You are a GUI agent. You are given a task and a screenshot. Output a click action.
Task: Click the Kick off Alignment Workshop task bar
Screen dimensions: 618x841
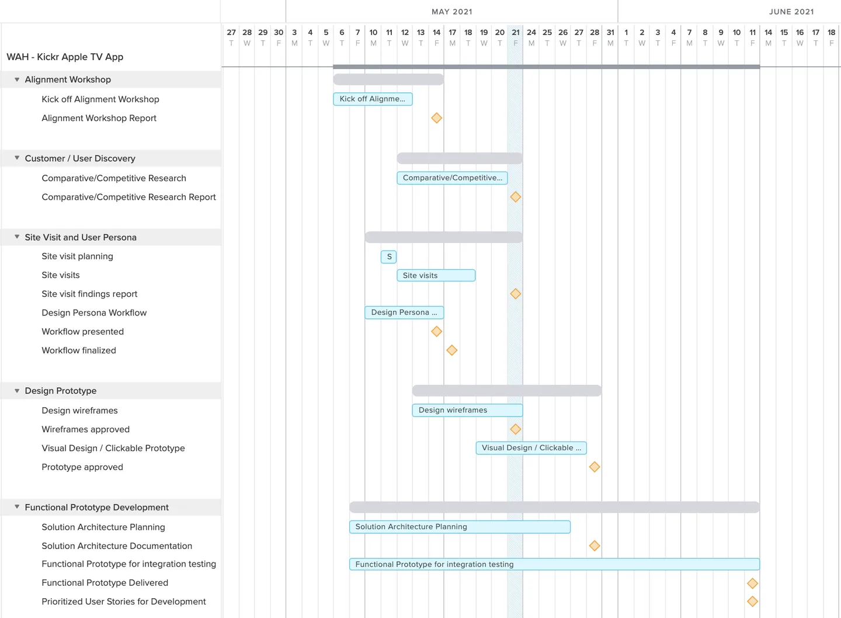[x=373, y=99]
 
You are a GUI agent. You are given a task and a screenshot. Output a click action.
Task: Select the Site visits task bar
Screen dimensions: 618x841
[x=436, y=275]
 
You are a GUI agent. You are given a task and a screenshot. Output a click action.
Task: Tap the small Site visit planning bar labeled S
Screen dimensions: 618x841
[x=389, y=256]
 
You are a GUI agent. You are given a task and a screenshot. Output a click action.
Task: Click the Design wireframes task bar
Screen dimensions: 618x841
[x=467, y=410]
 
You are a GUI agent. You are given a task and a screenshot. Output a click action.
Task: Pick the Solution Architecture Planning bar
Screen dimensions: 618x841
[x=460, y=527]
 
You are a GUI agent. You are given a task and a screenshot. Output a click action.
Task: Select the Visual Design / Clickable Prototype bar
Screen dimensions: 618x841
[x=531, y=448]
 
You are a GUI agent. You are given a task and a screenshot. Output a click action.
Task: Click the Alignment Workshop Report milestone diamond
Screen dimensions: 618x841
[x=436, y=118]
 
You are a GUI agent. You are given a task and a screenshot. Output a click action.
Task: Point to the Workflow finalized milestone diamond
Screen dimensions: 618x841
[x=452, y=350]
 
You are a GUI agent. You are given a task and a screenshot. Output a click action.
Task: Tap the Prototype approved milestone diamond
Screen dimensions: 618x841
[x=595, y=467]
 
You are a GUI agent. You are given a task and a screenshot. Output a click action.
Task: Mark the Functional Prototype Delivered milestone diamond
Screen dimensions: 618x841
[x=752, y=583]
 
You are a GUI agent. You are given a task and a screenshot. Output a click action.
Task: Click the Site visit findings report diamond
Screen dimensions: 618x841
[x=515, y=294]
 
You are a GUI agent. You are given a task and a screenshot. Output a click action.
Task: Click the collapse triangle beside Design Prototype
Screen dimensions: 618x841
[x=17, y=391]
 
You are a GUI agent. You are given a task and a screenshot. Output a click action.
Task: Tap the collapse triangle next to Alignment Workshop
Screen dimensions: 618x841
[x=17, y=79]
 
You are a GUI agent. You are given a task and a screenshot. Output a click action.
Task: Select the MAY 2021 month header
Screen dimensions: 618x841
[x=452, y=12]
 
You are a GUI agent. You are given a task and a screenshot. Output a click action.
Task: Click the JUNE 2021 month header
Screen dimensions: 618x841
[x=791, y=12]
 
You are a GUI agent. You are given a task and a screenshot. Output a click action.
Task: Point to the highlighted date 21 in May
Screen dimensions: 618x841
[x=515, y=33]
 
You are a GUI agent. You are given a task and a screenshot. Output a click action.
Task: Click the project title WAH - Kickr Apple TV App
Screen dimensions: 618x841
[x=65, y=57]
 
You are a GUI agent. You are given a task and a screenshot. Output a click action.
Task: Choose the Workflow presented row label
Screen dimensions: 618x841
[x=82, y=332]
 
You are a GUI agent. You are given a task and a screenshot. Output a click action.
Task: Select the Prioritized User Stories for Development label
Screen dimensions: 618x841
[x=123, y=602]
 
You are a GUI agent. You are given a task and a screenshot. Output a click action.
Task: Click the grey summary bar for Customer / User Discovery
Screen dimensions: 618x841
[x=460, y=158]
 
